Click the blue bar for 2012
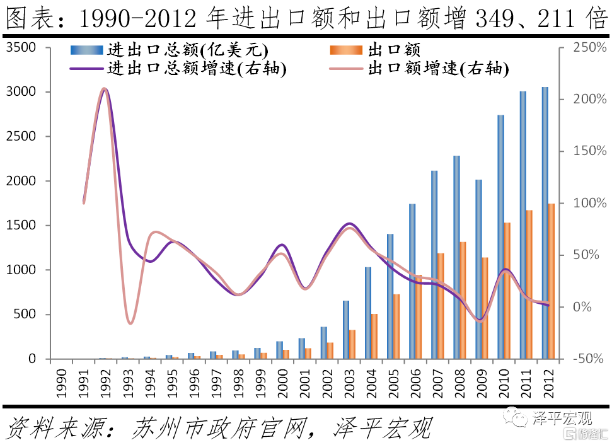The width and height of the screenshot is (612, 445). click(545, 223)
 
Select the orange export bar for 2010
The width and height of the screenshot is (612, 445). click(507, 291)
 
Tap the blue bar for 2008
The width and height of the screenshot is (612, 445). click(456, 257)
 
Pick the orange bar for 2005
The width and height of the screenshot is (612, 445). click(396, 327)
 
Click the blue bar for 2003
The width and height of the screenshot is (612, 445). click(346, 330)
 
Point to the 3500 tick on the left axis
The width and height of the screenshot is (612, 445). click(21, 48)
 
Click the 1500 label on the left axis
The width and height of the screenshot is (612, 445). click(21, 225)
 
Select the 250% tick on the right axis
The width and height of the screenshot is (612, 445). click(590, 48)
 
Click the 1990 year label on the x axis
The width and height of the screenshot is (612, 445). click(61, 384)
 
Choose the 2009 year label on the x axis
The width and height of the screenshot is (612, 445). click(482, 384)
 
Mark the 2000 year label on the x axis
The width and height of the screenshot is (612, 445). click(282, 384)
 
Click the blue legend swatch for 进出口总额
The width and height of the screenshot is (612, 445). click(86, 50)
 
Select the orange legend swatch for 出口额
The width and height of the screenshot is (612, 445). click(346, 50)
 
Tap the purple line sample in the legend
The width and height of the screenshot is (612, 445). click(86, 69)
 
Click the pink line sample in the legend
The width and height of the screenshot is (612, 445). click(346, 69)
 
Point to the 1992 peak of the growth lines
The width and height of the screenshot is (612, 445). click(104, 89)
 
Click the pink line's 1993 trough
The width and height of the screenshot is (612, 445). click(130, 323)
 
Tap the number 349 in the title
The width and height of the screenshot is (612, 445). click(495, 19)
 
